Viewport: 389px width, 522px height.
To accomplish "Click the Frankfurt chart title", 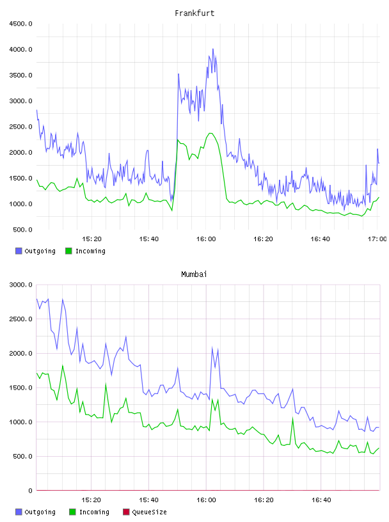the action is pos(194,13).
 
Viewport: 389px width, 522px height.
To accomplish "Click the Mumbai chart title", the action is pos(194,274).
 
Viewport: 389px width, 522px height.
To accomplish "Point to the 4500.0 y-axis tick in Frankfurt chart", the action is pos(20,24).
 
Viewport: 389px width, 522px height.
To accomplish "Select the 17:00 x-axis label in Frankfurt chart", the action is pos(377,239).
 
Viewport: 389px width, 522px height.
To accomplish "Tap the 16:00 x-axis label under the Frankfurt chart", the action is pos(206,239).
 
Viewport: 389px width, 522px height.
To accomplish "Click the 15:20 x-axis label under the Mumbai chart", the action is pos(91,500).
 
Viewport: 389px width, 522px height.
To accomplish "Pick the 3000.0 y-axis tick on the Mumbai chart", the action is pos(20,285).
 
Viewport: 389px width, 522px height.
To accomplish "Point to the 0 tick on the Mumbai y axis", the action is pos(30,491).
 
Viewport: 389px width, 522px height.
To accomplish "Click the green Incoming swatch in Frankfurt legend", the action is pos(68,251).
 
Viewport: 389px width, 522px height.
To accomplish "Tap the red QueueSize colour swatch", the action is pos(126,512).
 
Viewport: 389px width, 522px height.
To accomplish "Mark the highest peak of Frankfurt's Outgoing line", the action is pos(213,49).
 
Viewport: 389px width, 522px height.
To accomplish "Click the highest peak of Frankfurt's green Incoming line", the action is pos(210,133).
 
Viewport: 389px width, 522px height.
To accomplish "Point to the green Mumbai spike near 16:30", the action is pos(293,418).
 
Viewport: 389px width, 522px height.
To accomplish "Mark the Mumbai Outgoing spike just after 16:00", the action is pos(212,348).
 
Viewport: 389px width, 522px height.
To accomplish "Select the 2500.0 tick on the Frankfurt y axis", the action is pos(20,127).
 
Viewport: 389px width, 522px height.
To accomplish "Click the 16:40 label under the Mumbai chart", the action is pos(321,500).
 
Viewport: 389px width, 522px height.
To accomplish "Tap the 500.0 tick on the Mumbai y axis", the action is pos(22,456).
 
